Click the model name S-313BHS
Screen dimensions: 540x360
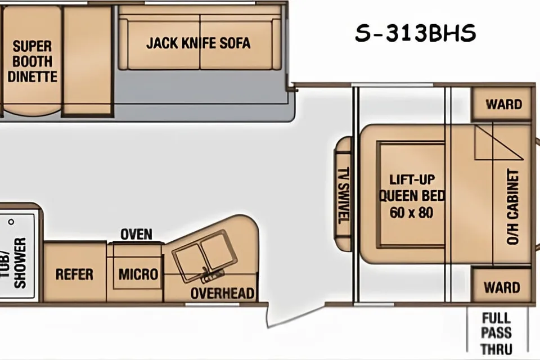415,33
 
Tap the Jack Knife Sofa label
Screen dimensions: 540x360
199,43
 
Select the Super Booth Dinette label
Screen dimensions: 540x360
33,61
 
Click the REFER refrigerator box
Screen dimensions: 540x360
75,272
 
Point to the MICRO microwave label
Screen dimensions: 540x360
138,274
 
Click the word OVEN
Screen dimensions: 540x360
136,234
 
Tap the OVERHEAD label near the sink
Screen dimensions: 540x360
223,294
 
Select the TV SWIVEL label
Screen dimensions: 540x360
344,195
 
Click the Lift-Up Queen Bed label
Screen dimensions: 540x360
412,188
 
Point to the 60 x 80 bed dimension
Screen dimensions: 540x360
411,213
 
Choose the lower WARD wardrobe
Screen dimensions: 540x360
501,287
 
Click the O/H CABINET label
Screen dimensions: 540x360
513,206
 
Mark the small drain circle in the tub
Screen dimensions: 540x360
11,222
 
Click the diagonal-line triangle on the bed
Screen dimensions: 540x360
499,143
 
